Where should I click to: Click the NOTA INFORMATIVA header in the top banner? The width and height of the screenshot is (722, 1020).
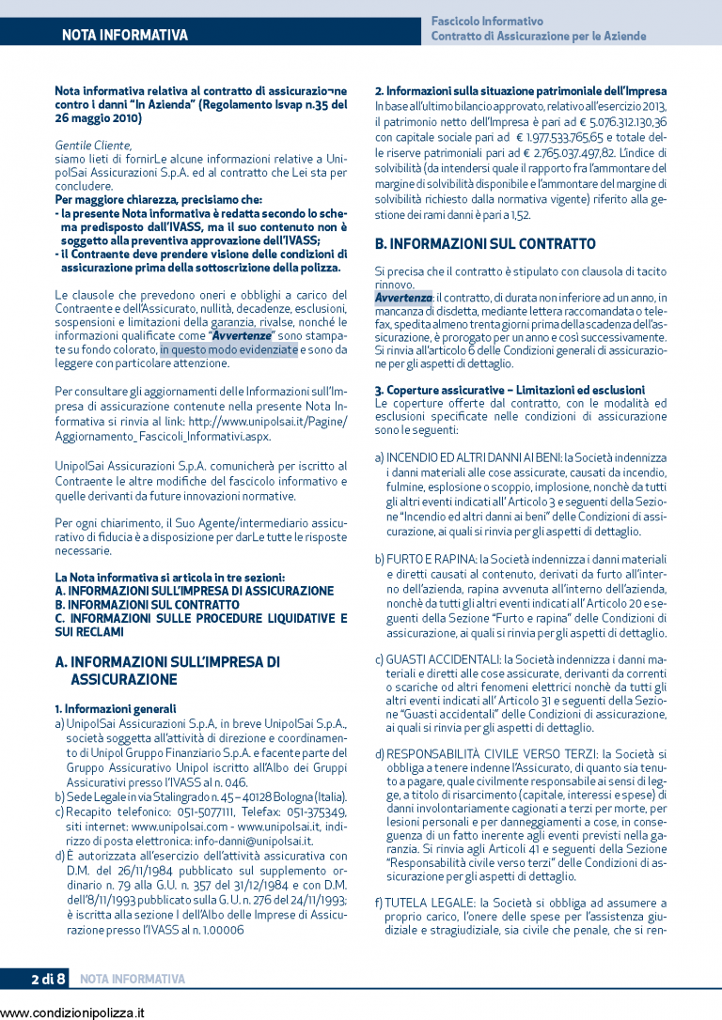(124, 36)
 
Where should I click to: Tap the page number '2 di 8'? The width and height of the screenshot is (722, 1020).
(47, 980)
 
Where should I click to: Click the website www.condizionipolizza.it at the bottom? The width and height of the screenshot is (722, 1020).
(73, 1012)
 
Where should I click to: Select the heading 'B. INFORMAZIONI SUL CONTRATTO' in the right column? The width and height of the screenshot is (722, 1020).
(485, 244)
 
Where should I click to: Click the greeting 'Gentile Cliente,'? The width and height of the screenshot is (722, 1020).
(94, 146)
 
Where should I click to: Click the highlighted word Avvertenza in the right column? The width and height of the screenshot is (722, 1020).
(403, 298)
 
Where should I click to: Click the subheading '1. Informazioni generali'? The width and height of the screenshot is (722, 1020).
(116, 708)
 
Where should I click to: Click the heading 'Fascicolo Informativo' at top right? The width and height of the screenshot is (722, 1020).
(487, 21)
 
